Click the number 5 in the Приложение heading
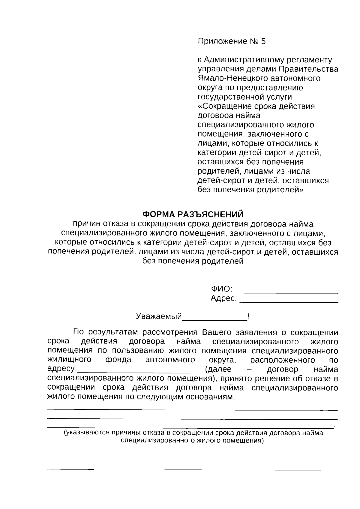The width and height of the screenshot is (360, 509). coord(263,41)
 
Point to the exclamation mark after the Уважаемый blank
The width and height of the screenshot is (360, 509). coord(249,317)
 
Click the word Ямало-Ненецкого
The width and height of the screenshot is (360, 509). coord(232,79)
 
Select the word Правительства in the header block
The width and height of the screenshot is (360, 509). coord(309,69)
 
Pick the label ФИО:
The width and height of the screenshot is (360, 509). coord(221,289)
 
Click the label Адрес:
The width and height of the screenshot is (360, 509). coord(224,298)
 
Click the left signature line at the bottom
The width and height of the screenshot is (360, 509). coord(71,469)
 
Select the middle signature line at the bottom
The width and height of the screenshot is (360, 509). coord(188,469)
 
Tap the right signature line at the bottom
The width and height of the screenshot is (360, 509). coord(298,469)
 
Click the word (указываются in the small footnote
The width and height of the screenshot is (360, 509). coord(86,433)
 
